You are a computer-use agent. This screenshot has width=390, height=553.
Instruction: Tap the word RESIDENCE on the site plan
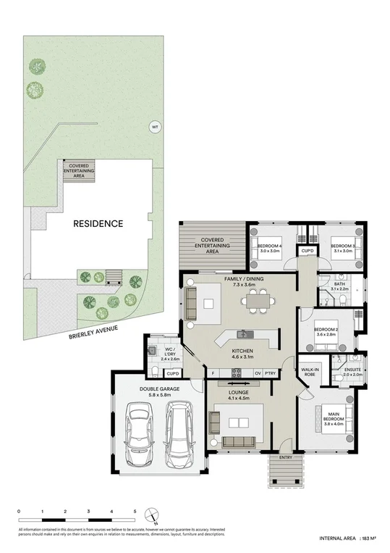point(98,224)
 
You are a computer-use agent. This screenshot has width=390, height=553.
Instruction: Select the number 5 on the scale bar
point(135,512)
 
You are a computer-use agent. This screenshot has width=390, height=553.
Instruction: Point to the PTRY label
point(271,374)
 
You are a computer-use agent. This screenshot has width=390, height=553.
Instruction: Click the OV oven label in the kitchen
point(257,374)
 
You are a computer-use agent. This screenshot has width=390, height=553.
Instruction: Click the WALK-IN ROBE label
point(312,370)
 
